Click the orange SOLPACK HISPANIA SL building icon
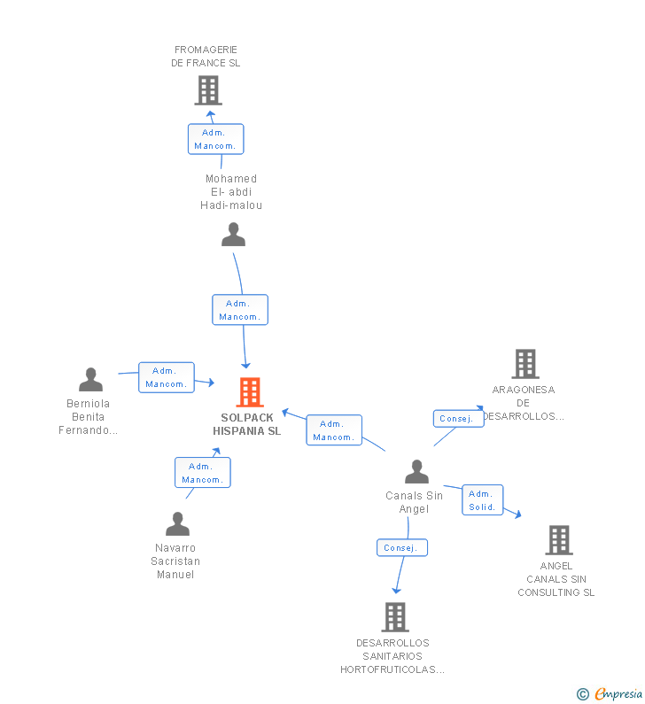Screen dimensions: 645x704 (x=250, y=392)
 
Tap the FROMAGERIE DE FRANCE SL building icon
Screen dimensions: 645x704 (x=208, y=90)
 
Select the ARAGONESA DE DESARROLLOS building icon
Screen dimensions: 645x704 (x=525, y=364)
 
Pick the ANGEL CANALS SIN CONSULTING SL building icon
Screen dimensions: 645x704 (x=559, y=540)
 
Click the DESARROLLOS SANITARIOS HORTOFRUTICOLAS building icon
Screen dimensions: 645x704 (x=395, y=617)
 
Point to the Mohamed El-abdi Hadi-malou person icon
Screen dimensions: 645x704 (x=234, y=235)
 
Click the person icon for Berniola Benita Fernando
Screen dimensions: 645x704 (x=90, y=379)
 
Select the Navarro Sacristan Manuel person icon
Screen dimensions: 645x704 (x=177, y=524)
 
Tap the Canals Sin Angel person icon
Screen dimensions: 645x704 (x=416, y=471)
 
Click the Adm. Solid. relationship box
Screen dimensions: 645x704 (x=482, y=500)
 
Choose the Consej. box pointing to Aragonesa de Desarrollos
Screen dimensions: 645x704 (x=459, y=419)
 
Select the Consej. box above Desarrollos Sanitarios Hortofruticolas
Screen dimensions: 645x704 (x=402, y=548)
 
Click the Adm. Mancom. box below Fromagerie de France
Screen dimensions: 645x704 (x=215, y=139)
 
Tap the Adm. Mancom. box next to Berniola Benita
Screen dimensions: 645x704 (x=167, y=377)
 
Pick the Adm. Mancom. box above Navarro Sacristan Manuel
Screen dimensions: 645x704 (x=203, y=472)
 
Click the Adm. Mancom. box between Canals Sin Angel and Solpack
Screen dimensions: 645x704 (x=334, y=430)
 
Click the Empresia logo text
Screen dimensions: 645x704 (x=618, y=693)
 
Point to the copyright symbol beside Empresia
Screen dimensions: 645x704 (x=583, y=694)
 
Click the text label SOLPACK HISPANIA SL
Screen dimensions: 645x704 (x=247, y=424)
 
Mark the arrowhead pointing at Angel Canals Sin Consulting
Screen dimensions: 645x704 (x=518, y=514)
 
